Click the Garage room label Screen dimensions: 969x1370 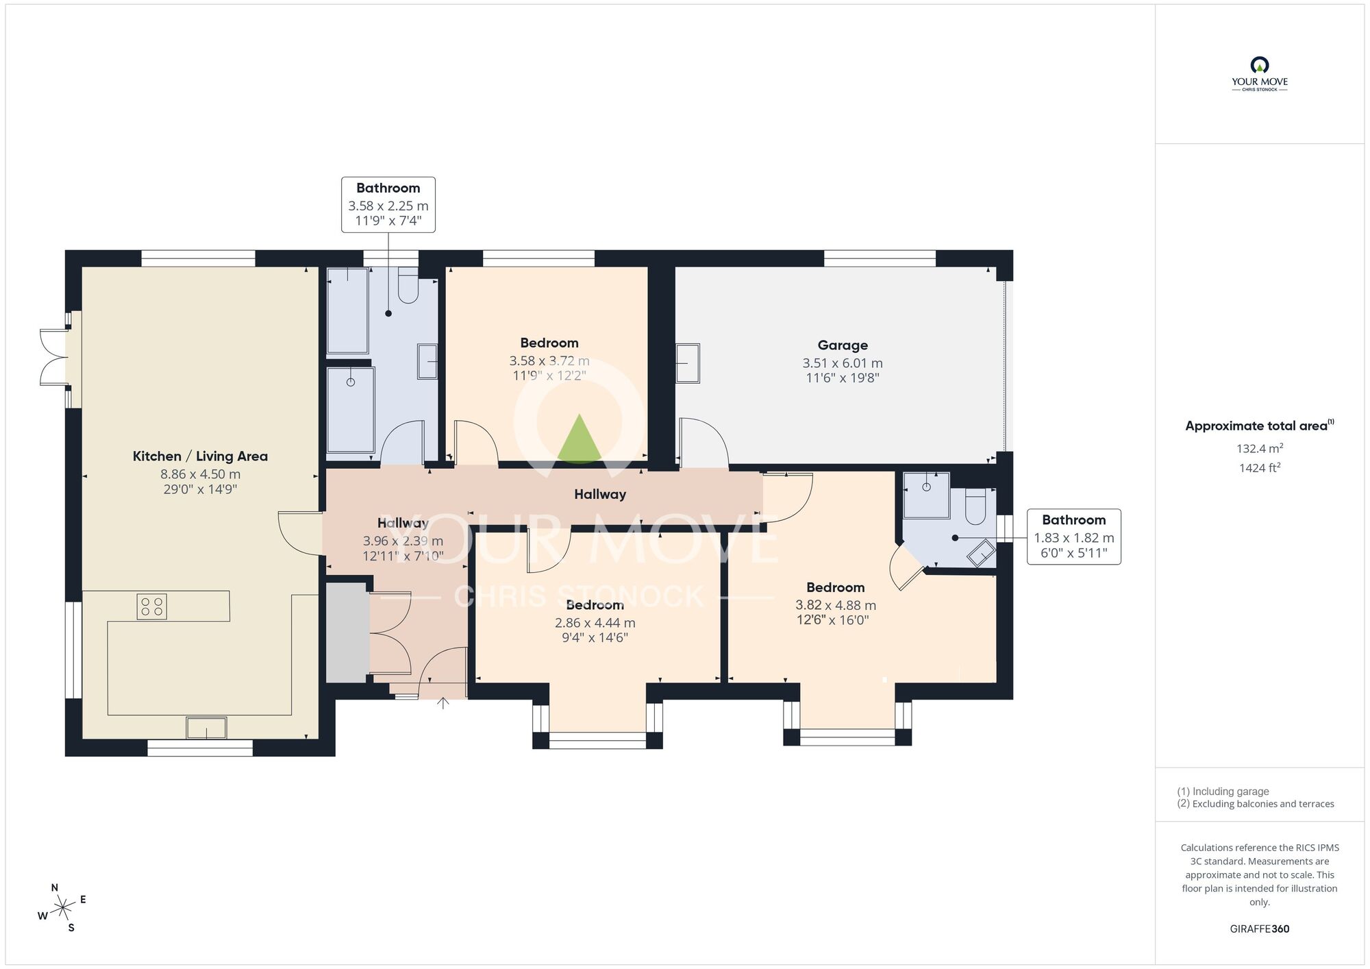pyautogui.click(x=842, y=345)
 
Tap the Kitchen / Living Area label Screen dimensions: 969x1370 pyautogui.click(x=200, y=456)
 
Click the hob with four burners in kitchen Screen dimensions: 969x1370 pyautogui.click(x=151, y=606)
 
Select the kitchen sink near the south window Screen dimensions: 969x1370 pyautogui.click(x=206, y=728)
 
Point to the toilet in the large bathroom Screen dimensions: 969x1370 pyautogui.click(x=408, y=289)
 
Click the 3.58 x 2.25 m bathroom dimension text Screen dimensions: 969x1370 pyautogui.click(x=388, y=206)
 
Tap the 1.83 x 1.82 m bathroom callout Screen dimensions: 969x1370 pyautogui.click(x=1073, y=537)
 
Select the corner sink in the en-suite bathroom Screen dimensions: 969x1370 pyautogui.click(x=982, y=553)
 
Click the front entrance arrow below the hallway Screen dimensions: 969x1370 pyautogui.click(x=443, y=702)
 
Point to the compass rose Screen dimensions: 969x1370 pyautogui.click(x=63, y=909)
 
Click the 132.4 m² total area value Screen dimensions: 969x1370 pyautogui.click(x=1259, y=449)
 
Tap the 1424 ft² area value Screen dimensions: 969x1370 pyautogui.click(x=1259, y=468)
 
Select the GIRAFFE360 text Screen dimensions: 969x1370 pyautogui.click(x=1259, y=929)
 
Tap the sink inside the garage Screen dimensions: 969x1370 pyautogui.click(x=687, y=363)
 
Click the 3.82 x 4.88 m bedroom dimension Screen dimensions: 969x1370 pyautogui.click(x=835, y=605)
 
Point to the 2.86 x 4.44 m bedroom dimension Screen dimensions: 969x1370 pyautogui.click(x=595, y=623)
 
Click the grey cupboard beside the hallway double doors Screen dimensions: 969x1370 pyautogui.click(x=347, y=633)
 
